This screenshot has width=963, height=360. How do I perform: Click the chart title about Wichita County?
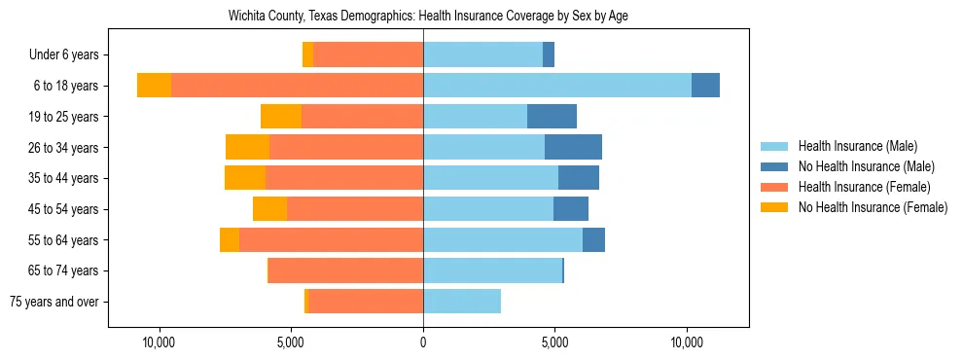[428, 17]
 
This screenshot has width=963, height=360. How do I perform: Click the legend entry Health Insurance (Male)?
[857, 146]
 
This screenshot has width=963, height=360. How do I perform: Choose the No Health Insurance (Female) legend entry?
[872, 207]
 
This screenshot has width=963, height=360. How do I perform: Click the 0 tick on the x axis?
[423, 343]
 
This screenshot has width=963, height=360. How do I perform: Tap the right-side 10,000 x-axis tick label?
[687, 343]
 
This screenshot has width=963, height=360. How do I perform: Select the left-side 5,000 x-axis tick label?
[291, 343]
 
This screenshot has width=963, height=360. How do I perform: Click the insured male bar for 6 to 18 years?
[556, 86]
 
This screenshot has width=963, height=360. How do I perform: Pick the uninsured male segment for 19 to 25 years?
[552, 117]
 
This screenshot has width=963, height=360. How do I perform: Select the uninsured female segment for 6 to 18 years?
[154, 86]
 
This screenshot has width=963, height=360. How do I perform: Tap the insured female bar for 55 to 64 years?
[331, 239]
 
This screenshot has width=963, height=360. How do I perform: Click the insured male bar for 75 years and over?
[462, 302]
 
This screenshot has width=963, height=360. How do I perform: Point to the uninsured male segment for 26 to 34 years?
[573, 148]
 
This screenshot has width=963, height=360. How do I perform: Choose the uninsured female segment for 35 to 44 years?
[245, 178]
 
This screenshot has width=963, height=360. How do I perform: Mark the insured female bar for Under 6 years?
[368, 55]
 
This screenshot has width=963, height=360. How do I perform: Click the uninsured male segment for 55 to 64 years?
[593, 239]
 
